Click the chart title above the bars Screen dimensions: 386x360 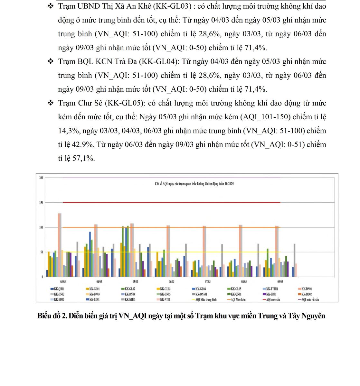(194, 184)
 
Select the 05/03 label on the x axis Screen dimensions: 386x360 (136, 282)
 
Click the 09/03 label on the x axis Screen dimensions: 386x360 (280, 282)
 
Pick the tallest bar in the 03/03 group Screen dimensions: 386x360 (60, 244)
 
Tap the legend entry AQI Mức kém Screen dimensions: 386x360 (238, 299)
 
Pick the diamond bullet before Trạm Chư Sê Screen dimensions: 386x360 (50, 103)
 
